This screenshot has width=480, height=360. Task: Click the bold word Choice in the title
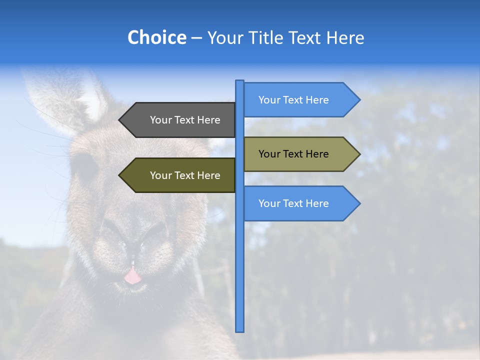156,37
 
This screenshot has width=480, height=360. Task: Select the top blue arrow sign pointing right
300,100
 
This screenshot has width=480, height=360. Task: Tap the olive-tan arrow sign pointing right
300,154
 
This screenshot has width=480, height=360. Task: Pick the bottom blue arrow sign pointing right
300,203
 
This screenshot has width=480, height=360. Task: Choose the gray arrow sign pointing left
180,120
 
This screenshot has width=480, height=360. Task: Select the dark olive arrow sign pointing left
180,175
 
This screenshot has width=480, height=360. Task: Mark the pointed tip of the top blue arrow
359,100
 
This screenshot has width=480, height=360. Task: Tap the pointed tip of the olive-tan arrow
359,154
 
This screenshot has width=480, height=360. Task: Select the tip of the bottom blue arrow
359,203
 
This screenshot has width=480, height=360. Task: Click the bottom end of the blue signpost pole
240,330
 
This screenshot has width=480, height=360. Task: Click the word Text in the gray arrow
185,120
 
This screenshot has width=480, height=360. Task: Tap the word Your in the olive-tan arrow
269,154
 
